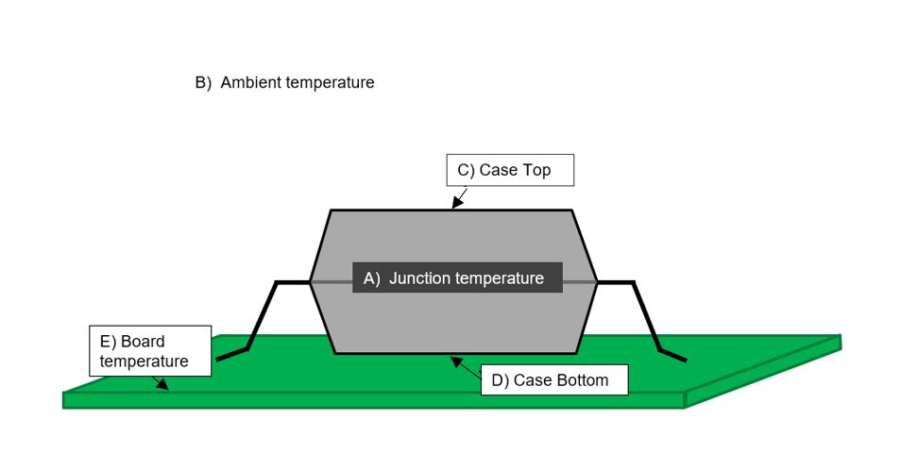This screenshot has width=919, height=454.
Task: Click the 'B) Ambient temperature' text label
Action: pos(284,83)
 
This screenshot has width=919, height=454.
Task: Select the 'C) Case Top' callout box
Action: pos(510,170)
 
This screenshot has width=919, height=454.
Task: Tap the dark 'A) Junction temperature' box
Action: pos(457,278)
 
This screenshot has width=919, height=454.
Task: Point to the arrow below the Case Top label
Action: pos(459,197)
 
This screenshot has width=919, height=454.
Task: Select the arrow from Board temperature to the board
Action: pos(162,381)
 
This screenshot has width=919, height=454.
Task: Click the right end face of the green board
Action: pos(763,370)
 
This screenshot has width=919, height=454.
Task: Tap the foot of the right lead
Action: pos(672,356)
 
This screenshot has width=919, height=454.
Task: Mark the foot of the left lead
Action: pos(231,355)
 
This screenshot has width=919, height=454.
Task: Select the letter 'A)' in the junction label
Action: pos(371,278)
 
